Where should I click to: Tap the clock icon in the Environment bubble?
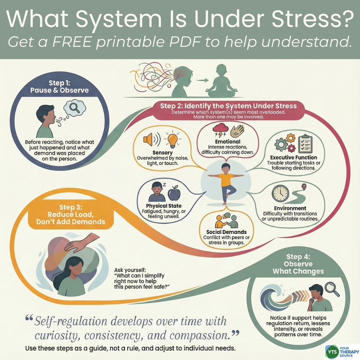[280, 193]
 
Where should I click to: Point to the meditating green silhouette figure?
[218, 80]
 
